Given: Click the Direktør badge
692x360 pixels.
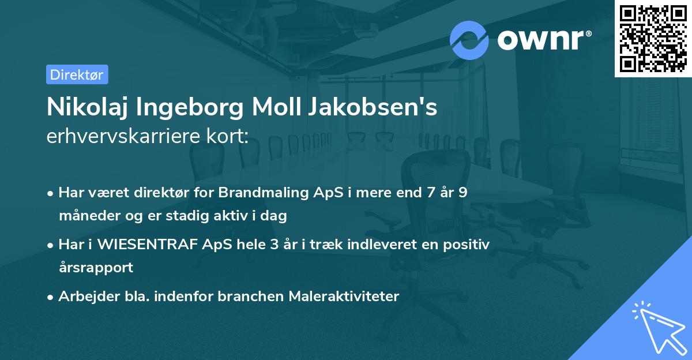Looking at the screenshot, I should pos(77,74).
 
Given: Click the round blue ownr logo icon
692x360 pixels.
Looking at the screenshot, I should pos(469,40).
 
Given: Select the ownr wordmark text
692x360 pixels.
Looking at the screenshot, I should pos(544,40).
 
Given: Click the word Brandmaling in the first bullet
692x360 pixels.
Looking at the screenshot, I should pos(273,193).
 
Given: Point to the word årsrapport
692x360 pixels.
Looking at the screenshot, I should pos(96,268).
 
